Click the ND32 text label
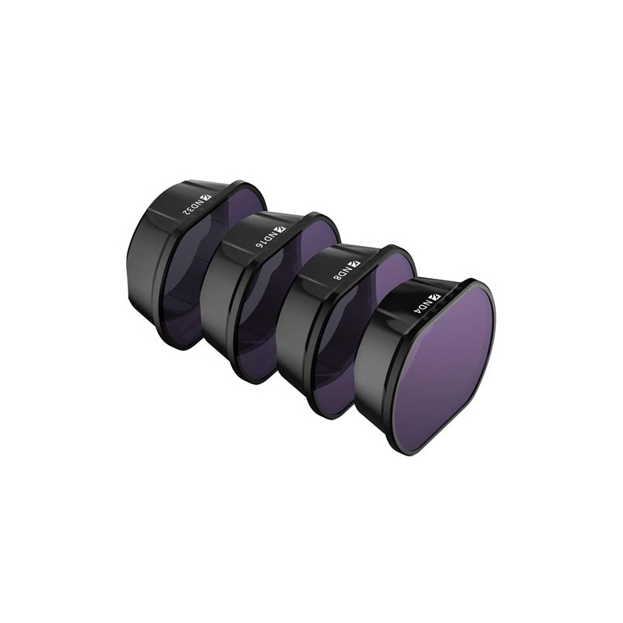click(x=192, y=209)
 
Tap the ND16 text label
click(x=266, y=241)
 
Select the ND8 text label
click(x=341, y=274)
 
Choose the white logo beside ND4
click(x=435, y=296)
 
